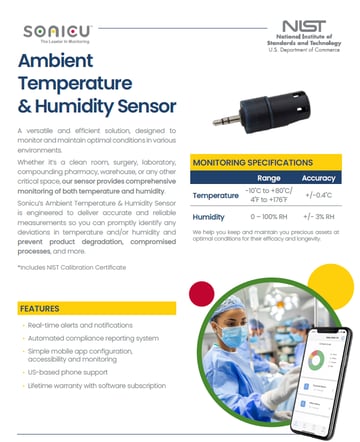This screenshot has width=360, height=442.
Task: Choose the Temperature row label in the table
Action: pyautogui.click(x=215, y=194)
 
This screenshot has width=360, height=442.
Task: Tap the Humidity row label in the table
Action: pyautogui.click(x=208, y=216)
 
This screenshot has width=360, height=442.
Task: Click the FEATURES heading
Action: pyautogui.click(x=40, y=309)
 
